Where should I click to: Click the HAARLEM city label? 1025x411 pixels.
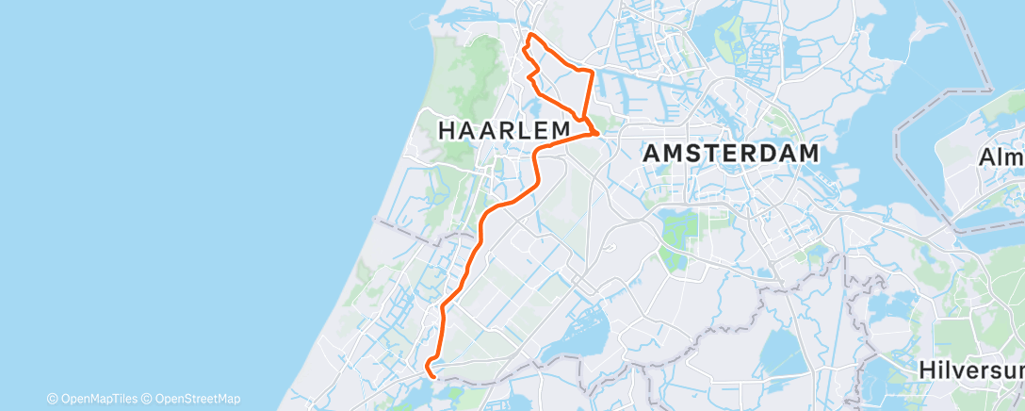pos(505,130)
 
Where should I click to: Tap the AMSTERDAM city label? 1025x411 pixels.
pos(730,154)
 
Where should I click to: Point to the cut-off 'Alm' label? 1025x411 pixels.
pos(1001,156)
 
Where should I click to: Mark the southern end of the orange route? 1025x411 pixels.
pos(431,375)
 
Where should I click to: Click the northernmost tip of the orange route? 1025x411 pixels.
pos(531,35)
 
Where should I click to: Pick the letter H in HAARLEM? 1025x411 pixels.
pos(448,130)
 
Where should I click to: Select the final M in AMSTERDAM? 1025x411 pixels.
pos(806,154)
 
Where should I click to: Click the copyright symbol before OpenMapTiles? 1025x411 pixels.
pos(53,399)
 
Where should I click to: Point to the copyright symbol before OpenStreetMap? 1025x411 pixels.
pos(148,399)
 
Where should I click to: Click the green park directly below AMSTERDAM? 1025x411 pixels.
pos(679,232)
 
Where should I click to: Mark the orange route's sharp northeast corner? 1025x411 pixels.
pos(592,72)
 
